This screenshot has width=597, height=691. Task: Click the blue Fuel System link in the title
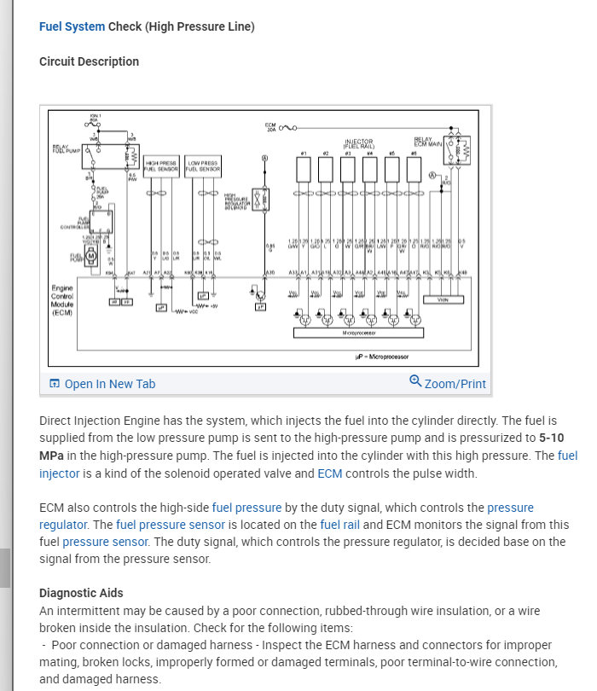72,26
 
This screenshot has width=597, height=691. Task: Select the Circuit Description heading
89,61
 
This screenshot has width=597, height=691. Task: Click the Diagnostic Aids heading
81,593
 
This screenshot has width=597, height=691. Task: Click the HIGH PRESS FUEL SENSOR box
162,166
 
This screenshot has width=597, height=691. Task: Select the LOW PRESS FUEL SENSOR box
203,166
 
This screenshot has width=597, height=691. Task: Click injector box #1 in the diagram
303,171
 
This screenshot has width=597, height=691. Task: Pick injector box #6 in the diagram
414,171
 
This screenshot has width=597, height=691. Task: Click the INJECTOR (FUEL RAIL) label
358,143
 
